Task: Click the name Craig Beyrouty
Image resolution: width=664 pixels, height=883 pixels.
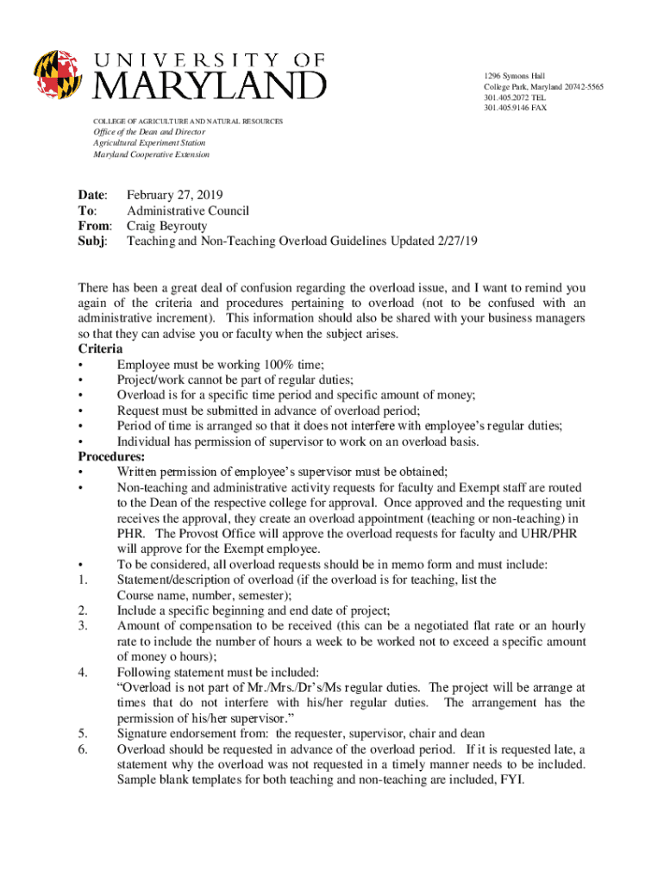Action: coord(167,226)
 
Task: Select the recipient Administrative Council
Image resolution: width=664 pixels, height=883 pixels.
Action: coord(188,210)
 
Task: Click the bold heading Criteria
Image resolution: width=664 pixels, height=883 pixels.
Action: coord(100,349)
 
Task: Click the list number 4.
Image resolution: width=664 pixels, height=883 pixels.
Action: coord(82,672)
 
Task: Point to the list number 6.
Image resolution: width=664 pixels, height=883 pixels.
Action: coord(82,749)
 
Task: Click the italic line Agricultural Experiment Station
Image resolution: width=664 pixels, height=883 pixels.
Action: coord(149,143)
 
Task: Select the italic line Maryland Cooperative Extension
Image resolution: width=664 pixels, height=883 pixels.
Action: coord(151,154)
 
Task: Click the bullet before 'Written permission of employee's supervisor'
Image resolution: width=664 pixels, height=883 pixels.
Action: coord(81,472)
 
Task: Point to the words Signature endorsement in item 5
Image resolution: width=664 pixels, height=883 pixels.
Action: coord(181,734)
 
